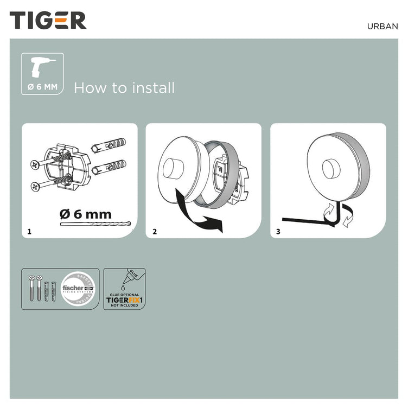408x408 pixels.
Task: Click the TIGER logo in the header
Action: (48, 20)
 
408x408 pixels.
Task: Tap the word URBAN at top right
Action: (382, 25)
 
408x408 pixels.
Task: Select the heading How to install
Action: (124, 88)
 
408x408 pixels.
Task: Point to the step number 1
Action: (29, 232)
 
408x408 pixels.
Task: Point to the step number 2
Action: (155, 232)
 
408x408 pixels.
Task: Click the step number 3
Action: (279, 232)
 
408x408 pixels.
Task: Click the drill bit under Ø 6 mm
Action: (95, 224)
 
